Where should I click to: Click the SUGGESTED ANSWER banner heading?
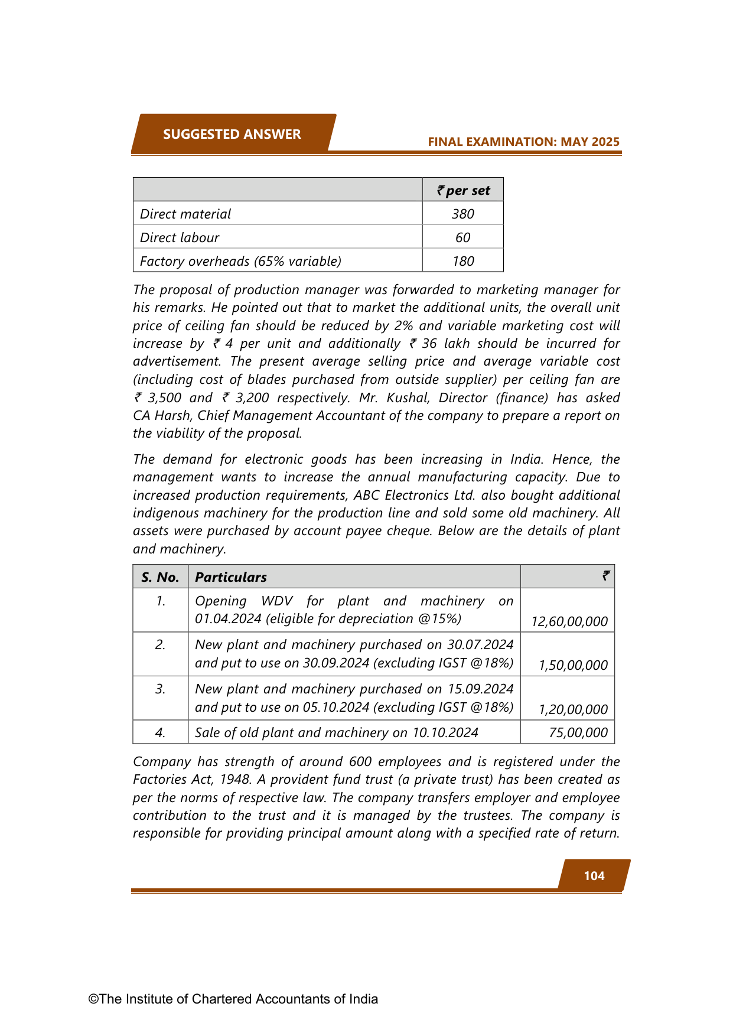(x=232, y=134)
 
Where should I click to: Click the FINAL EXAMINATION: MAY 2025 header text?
(x=523, y=142)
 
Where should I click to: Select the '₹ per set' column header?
(x=463, y=190)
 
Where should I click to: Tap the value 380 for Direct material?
(x=463, y=214)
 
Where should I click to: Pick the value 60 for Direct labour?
(x=463, y=237)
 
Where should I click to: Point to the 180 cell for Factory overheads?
(x=463, y=261)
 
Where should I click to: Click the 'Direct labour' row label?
(x=180, y=237)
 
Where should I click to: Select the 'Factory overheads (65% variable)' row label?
(x=240, y=261)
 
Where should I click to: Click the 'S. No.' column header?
(x=160, y=577)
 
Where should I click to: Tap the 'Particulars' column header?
(x=231, y=577)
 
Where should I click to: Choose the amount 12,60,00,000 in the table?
(x=569, y=621)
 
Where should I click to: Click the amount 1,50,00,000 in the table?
(x=573, y=665)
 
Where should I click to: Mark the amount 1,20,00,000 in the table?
(x=573, y=709)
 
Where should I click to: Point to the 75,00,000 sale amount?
(x=578, y=732)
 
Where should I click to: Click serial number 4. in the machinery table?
(x=160, y=732)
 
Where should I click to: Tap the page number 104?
(x=594, y=875)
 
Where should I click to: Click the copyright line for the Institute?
(x=233, y=999)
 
